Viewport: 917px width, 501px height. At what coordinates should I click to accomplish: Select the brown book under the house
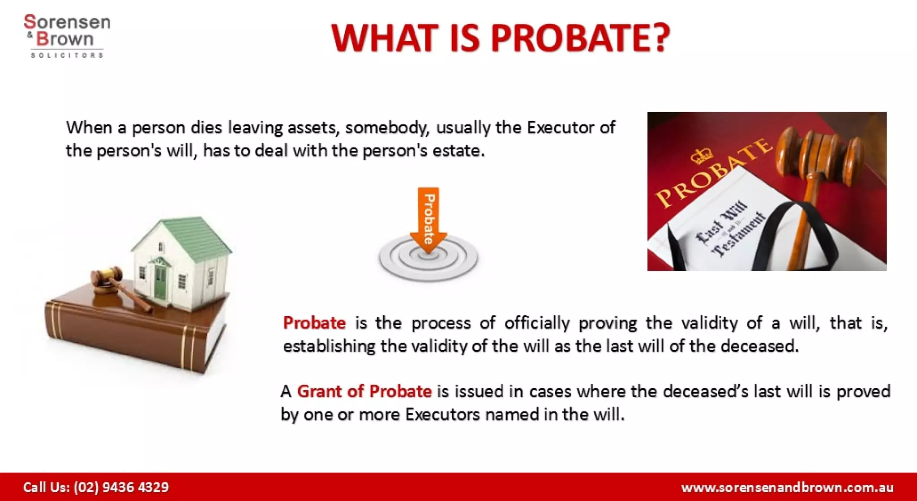(x=134, y=331)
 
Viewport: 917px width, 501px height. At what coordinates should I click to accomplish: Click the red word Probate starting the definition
(x=314, y=323)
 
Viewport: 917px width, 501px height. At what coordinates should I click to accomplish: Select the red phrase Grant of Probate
(x=364, y=391)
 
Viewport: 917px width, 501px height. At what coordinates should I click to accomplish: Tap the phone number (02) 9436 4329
(x=121, y=487)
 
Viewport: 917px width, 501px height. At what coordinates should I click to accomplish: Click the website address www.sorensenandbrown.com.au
(x=787, y=487)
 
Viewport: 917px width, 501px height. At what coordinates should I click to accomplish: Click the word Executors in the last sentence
(x=442, y=415)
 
